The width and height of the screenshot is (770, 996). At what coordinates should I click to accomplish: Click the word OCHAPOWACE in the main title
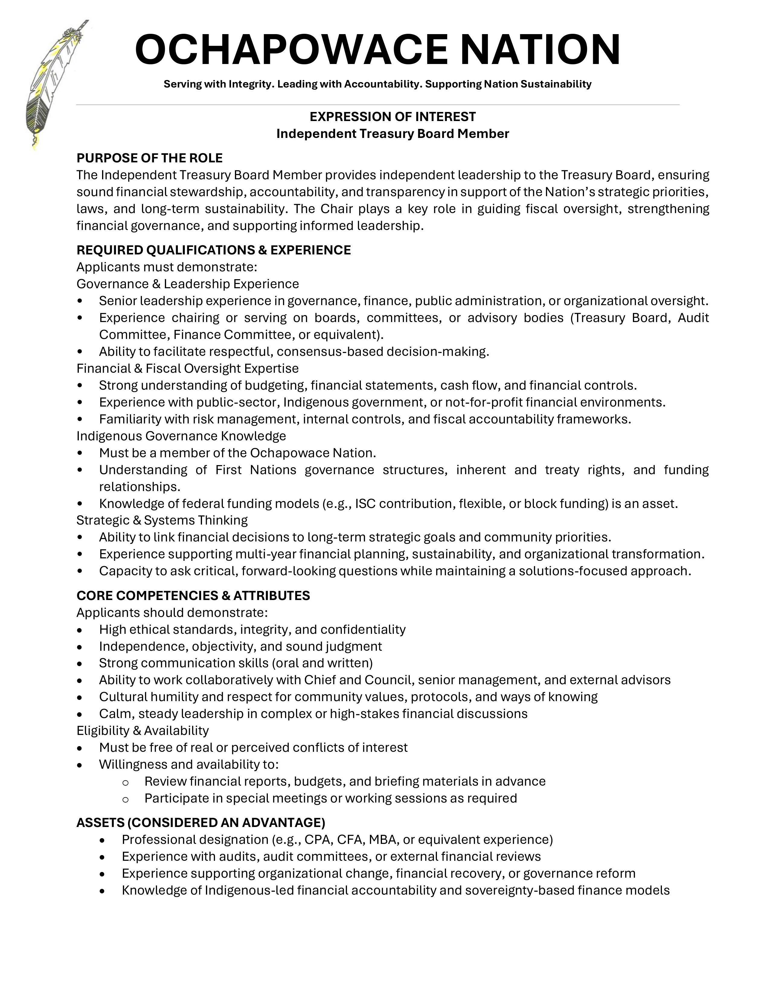[291, 49]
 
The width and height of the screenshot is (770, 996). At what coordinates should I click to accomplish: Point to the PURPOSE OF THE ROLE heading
[149, 158]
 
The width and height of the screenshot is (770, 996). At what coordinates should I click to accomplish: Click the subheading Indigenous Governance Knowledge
[181, 436]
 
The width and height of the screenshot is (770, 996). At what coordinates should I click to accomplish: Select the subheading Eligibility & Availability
[142, 731]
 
